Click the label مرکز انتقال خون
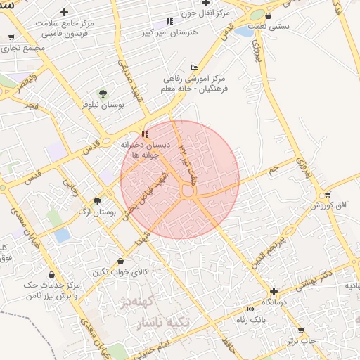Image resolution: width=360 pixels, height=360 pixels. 204,13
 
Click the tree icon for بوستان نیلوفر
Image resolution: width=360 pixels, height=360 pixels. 103,93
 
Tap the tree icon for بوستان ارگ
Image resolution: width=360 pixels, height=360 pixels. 97,201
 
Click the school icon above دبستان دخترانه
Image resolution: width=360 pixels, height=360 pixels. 145,134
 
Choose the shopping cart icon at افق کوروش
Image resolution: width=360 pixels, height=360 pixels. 328,195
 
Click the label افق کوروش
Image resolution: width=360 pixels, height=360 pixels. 328,206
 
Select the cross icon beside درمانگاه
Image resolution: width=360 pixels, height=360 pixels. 274,290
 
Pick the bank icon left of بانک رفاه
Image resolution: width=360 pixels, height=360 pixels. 251,309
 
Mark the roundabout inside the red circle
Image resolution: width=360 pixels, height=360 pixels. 188,191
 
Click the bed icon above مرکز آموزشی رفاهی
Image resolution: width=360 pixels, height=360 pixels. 174,67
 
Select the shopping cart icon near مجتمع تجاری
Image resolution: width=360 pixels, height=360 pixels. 11,37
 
